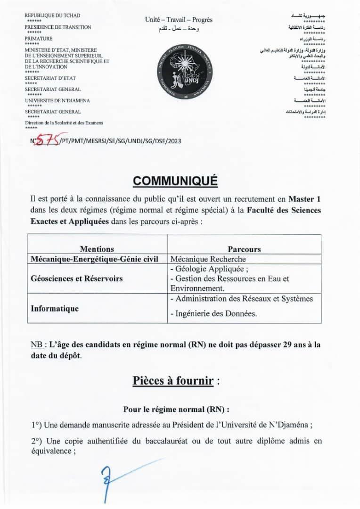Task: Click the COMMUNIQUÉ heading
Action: click(175, 181)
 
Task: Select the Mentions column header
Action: click(97, 249)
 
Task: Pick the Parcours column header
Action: click(244, 249)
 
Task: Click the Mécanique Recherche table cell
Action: click(208, 259)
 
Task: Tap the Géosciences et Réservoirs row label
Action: click(76, 279)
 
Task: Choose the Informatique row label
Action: click(55, 309)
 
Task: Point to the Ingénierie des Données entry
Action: click(213, 314)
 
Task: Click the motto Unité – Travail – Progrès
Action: click(179, 19)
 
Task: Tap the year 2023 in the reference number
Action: click(174, 140)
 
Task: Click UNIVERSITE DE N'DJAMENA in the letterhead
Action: click(57, 100)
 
